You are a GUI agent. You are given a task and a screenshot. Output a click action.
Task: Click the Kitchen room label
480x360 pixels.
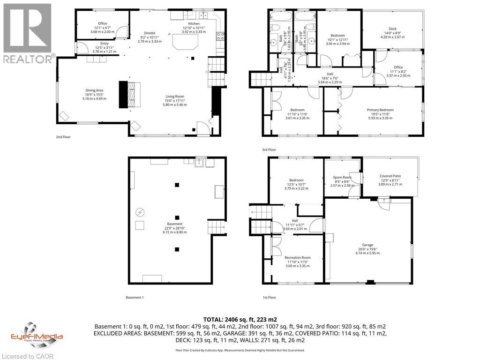pos(194,23)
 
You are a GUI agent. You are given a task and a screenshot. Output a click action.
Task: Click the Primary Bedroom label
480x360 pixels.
pos(380,110)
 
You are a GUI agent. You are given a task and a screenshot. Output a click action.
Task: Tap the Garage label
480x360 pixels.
pos(367,245)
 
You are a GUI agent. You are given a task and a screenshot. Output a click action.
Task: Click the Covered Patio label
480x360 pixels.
pos(390,176)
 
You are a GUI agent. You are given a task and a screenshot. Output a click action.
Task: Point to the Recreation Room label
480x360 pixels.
pos(298,258)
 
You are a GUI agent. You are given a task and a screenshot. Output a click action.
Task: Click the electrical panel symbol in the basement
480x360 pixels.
pos(139,212)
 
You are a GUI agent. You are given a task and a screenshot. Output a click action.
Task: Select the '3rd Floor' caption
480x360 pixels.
pos(269,150)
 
